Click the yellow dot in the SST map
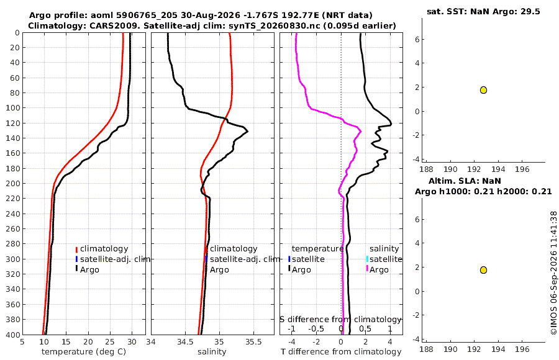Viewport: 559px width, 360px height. coord(483,90)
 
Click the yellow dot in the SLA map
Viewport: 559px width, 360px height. coord(483,270)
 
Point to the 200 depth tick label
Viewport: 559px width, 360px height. coord(12,184)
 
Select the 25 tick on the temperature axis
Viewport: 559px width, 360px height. coord(110,342)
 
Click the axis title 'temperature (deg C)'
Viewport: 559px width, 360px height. coord(84,352)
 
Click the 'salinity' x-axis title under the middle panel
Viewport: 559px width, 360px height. coord(212,352)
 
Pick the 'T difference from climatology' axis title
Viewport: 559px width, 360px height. coord(341,352)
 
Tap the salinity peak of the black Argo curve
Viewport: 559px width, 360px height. coord(247,131)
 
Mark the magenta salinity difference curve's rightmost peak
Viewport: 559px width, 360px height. coord(360,131)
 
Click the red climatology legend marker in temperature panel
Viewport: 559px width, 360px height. coord(76,249)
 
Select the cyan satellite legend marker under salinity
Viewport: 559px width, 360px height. coord(367,259)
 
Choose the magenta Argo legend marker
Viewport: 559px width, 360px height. coord(367,269)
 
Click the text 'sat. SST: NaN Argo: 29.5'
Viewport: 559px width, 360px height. coord(483,11)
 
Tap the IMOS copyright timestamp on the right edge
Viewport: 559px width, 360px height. coord(553,273)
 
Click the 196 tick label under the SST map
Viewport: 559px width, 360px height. coord(522,169)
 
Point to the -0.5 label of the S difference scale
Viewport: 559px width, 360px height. coord(316,329)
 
